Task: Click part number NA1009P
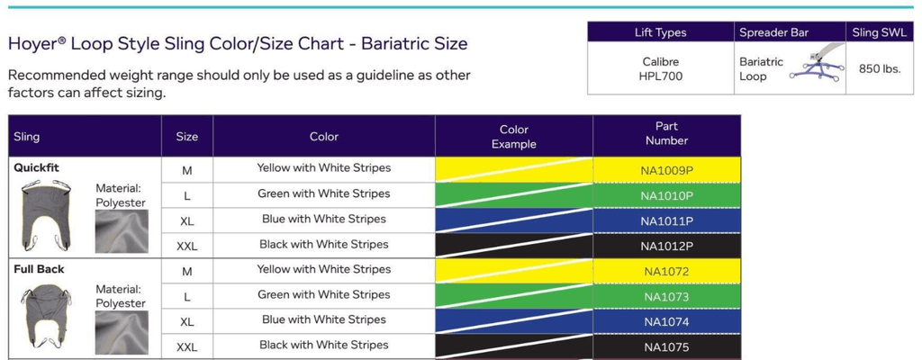coord(666,169)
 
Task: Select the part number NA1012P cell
coord(666,246)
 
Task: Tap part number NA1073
coord(666,296)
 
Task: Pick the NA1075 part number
coord(666,346)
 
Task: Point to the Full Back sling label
coord(39,269)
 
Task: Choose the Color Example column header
coord(514,137)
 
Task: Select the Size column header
coord(186,137)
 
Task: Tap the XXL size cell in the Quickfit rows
coord(186,246)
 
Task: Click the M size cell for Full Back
coord(186,271)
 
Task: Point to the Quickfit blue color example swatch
coord(514,220)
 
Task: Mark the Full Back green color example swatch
coord(514,296)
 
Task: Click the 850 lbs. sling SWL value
coord(881,68)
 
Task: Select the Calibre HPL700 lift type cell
coord(660,69)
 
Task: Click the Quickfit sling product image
coord(46,215)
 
